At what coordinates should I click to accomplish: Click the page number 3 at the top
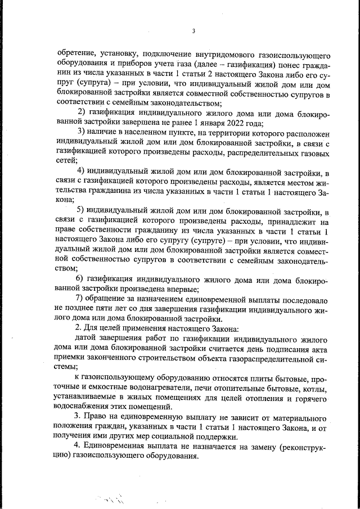pyautogui.click(x=192, y=31)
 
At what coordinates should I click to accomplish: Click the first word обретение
pyautogui.click(x=76, y=54)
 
